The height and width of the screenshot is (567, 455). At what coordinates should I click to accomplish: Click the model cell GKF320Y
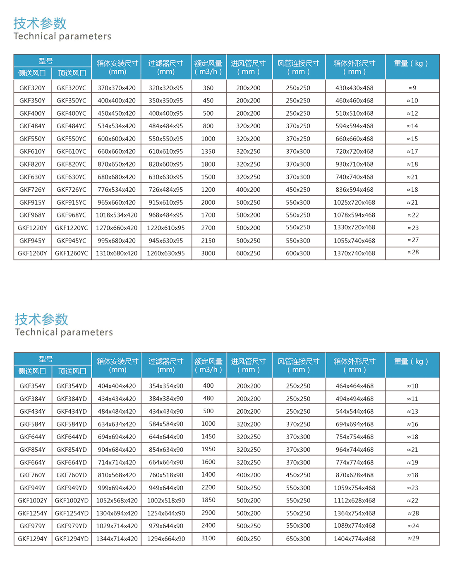32,88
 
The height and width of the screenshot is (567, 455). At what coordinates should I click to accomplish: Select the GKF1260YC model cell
72,253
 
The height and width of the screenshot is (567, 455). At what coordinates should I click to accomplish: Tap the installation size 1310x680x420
117,253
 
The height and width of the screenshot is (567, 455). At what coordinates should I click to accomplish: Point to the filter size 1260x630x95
166,253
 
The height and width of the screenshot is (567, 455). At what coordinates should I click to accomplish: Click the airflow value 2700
208,228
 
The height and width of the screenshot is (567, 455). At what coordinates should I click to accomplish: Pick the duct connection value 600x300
298,253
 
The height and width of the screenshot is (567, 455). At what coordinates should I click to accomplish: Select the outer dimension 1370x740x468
354,253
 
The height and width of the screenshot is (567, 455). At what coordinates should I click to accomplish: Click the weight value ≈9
412,88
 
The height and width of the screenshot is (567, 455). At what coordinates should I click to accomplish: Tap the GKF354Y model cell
32,386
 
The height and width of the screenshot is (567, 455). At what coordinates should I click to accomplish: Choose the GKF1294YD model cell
72,539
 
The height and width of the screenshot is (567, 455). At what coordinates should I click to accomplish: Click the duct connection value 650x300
298,539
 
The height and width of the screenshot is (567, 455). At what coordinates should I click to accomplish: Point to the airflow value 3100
208,538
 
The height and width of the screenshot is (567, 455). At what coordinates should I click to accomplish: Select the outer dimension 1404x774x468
354,539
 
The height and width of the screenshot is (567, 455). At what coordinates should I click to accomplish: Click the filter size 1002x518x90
166,500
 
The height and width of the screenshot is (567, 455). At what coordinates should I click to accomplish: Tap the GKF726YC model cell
72,190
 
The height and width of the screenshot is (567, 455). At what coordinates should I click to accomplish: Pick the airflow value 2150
208,241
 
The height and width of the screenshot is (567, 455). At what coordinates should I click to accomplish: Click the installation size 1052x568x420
117,500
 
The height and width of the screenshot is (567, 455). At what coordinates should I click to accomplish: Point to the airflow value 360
208,88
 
